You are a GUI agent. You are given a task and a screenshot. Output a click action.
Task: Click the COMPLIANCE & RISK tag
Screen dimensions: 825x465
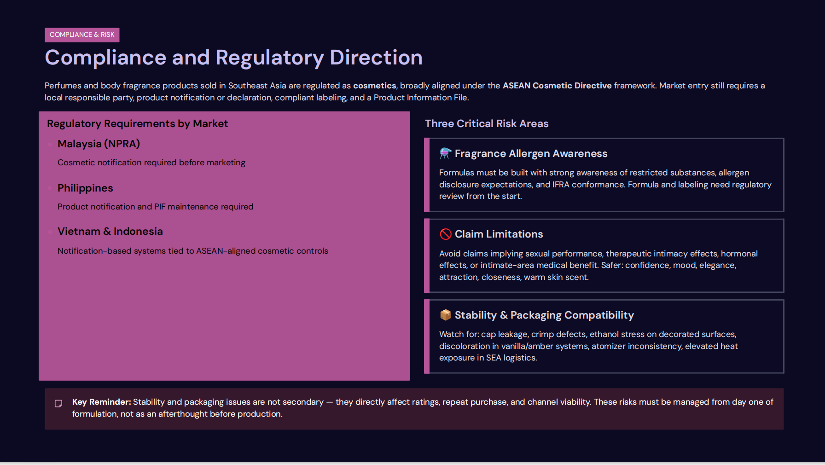[x=82, y=35]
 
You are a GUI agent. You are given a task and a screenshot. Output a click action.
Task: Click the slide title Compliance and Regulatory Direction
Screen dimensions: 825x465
[x=233, y=58]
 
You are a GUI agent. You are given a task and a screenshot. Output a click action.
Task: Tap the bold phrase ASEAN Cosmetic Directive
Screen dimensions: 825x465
[x=557, y=86]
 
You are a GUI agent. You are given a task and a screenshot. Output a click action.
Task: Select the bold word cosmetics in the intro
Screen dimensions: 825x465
[x=374, y=86]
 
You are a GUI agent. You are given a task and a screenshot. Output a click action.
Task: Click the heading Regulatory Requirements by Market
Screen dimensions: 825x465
[x=137, y=124]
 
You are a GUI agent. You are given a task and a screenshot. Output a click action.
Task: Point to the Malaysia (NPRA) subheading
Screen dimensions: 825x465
[x=99, y=144]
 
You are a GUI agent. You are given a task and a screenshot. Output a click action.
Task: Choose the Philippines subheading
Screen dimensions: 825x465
[x=85, y=188]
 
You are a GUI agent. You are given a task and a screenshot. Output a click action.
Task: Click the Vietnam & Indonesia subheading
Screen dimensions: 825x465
[x=110, y=232]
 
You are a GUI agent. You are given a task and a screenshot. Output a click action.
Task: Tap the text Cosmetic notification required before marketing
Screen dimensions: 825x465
[x=151, y=163]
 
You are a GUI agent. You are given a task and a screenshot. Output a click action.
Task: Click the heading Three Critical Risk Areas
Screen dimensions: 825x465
[x=486, y=124]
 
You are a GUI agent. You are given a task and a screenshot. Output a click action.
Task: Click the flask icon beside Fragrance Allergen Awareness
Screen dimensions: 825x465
[x=445, y=153]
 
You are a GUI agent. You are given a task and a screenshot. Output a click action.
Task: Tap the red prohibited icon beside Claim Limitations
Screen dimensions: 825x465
[x=445, y=234]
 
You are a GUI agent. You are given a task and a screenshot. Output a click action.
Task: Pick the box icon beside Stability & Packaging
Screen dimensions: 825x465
[x=445, y=315]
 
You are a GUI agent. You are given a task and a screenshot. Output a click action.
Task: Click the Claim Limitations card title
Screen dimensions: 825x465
[x=499, y=234]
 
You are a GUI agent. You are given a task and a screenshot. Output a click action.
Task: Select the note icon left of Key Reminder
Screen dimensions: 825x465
[x=58, y=404]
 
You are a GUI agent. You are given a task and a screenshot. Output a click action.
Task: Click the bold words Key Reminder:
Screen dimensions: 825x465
[x=101, y=402]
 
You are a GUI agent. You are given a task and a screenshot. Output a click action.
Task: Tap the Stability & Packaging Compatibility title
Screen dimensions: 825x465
[x=544, y=315]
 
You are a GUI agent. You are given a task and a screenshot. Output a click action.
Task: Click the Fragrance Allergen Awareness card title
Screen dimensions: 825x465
[x=531, y=154]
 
